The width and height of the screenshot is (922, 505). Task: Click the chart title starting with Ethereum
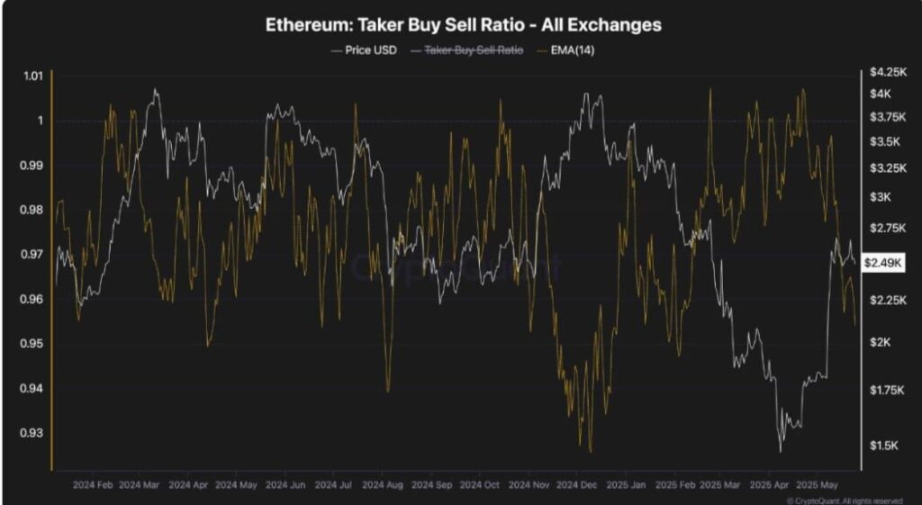pos(463,25)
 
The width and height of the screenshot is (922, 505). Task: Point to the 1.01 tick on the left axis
pos(32,77)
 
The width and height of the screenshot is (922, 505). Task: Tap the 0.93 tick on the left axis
pos(32,433)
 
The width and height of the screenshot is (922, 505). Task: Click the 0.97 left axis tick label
pos(32,255)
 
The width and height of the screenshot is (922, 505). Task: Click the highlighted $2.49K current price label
pos(880,263)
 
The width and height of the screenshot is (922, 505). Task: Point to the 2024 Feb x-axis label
pos(93,482)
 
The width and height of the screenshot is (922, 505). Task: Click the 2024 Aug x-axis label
pos(382,482)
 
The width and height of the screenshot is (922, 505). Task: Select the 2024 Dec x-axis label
pos(576,482)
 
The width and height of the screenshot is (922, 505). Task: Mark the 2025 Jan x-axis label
pos(626,482)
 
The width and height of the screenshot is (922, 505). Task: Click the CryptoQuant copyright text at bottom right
pos(845,500)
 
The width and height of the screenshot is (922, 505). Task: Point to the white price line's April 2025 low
pos(781,450)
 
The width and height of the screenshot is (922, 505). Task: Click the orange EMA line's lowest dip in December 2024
pos(591,451)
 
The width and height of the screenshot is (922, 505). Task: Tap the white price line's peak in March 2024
pos(156,89)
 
